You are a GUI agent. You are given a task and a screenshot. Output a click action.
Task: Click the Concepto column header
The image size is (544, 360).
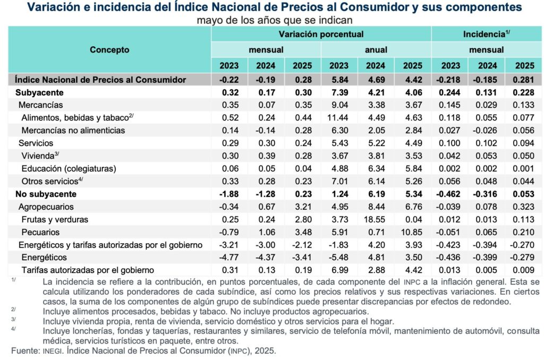pyautogui.click(x=109, y=50)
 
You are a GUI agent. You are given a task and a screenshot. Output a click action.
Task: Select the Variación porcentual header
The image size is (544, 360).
pyautogui.click(x=321, y=34)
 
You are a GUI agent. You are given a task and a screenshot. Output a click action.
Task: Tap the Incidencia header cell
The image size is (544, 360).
pyautogui.click(x=487, y=34)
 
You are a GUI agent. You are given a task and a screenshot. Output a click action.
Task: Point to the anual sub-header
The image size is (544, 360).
pyautogui.click(x=376, y=50)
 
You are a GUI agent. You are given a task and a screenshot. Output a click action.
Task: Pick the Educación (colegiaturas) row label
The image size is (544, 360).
pyautogui.click(x=69, y=168)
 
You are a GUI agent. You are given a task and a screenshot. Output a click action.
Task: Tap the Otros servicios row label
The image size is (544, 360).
pyautogui.click(x=50, y=181)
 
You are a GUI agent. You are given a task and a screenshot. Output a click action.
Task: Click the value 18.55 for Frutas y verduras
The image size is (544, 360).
pyautogui.click(x=376, y=219)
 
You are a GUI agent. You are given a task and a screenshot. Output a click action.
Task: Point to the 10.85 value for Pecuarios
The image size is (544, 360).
pyautogui.click(x=412, y=232)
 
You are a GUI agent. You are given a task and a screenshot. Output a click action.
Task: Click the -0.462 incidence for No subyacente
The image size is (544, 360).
pyautogui.click(x=449, y=194)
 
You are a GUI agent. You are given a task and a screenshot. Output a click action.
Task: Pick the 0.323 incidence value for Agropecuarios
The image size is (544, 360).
pyautogui.click(x=523, y=207)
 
